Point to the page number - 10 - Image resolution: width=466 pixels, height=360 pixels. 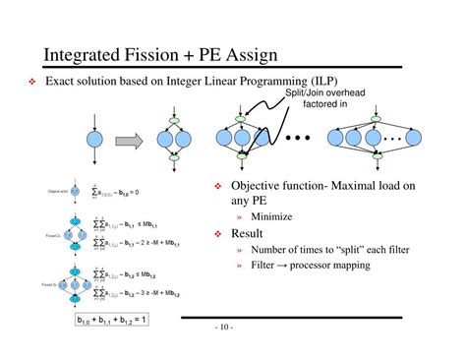click(x=220, y=327)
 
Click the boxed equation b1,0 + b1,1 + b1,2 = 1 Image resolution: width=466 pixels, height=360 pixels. click(x=110, y=321)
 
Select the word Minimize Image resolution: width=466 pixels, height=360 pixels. click(x=271, y=216)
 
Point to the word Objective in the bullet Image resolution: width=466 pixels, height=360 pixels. click(x=259, y=187)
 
